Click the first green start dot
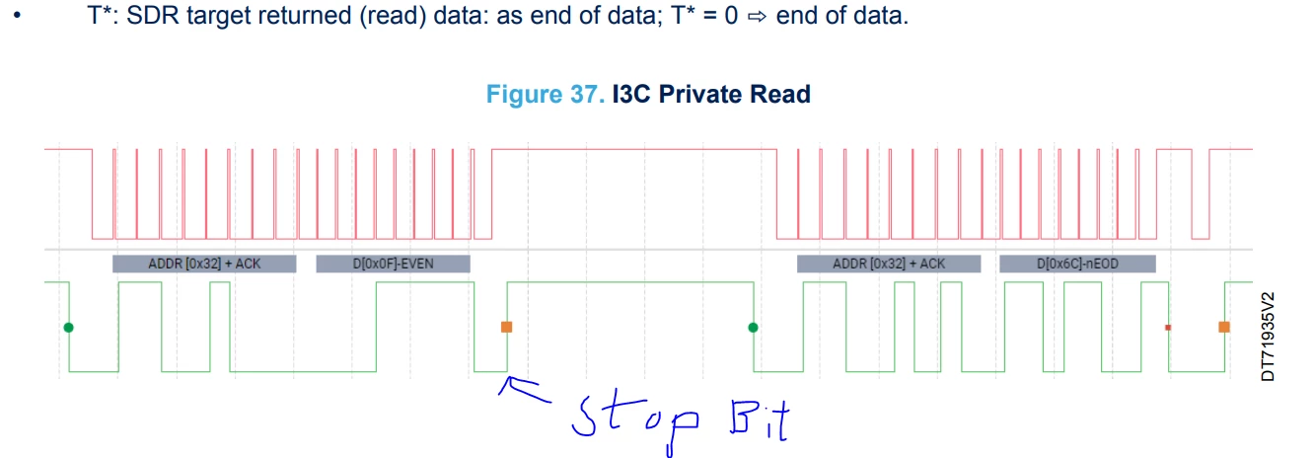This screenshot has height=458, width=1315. (x=69, y=327)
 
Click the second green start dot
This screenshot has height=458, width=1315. (x=753, y=327)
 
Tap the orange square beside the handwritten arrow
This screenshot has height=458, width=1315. (x=507, y=327)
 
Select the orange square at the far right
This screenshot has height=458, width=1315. (x=1224, y=327)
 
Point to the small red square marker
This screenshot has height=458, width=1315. (x=1168, y=327)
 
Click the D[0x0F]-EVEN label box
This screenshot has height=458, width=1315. (x=393, y=264)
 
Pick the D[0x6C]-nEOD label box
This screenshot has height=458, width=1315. (x=1077, y=264)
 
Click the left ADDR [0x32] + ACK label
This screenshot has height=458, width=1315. (x=204, y=264)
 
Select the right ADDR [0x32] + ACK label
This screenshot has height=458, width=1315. (x=889, y=264)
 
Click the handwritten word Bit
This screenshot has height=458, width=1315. (x=760, y=420)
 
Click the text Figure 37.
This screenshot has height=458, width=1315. (x=545, y=94)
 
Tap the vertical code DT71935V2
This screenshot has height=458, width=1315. (x=1268, y=337)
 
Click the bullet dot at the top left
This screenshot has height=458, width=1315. (x=17, y=15)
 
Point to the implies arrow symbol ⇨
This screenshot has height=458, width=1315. (x=757, y=16)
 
